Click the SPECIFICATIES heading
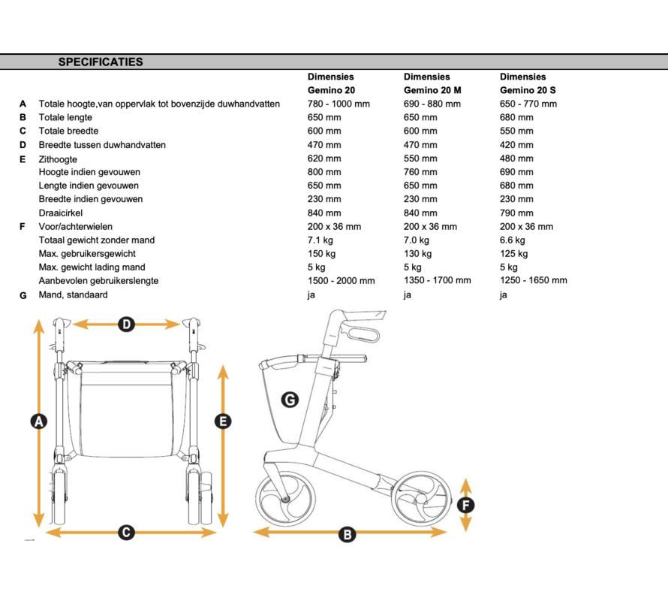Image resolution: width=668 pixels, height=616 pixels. (100, 62)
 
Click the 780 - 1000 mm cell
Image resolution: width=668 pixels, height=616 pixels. (339, 104)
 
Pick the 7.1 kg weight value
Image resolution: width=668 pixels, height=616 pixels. (320, 240)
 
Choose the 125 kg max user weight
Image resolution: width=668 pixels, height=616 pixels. (513, 253)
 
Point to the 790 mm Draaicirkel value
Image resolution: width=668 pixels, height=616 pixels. (516, 213)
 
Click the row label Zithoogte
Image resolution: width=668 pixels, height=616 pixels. (58, 159)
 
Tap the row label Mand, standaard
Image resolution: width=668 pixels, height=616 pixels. (73, 294)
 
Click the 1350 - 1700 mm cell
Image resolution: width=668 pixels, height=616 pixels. (437, 280)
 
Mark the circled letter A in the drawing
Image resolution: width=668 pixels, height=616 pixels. (38, 421)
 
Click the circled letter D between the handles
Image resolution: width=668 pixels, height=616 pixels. (127, 325)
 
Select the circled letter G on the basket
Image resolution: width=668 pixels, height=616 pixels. (290, 400)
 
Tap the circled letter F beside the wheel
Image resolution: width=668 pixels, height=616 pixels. (465, 505)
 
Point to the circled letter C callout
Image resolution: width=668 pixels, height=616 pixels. (126, 533)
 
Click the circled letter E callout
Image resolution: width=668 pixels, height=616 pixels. (223, 421)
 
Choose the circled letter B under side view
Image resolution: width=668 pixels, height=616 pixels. (348, 534)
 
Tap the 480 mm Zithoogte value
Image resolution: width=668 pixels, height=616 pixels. (516, 159)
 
